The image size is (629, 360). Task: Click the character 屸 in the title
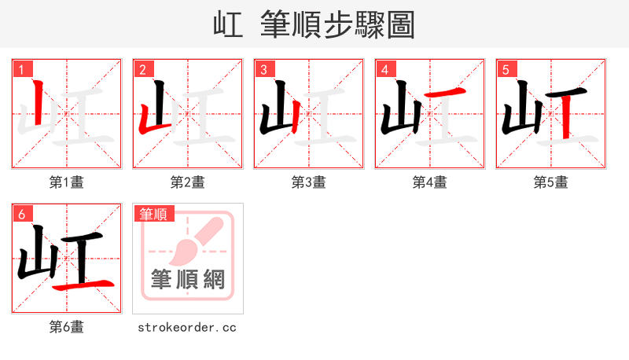[x=228, y=24]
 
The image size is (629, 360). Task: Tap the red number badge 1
[x=22, y=70]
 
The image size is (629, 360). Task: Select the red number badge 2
[x=143, y=70]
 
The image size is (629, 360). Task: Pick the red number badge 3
[x=264, y=70]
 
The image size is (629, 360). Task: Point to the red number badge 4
[x=385, y=70]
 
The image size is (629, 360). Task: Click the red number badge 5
[x=506, y=70]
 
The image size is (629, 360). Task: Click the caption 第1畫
[x=67, y=182]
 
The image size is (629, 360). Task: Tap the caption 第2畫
[x=188, y=182]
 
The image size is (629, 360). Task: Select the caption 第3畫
[x=309, y=182]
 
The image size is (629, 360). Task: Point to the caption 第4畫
[x=430, y=182]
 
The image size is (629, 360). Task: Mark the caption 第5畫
[x=551, y=182]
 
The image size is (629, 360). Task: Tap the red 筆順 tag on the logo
[x=153, y=214]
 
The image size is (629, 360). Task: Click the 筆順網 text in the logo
[x=188, y=280]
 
